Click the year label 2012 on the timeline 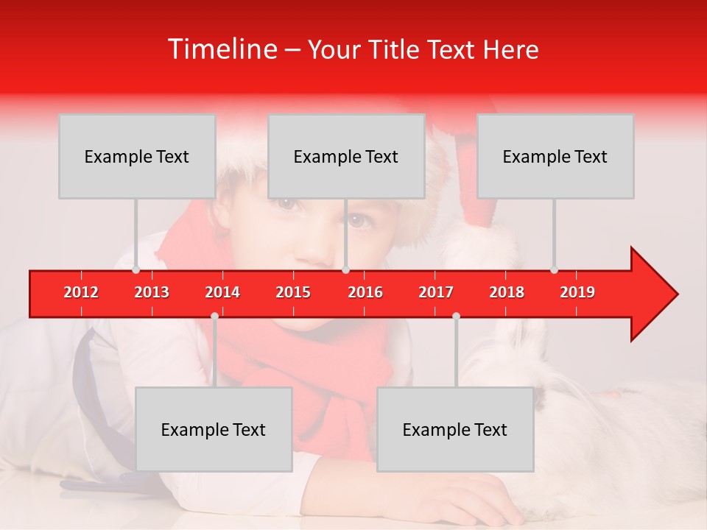pos(81,292)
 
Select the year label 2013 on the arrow pos(152,292)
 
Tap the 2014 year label pos(222,292)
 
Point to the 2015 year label pos(293,292)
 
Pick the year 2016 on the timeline pos(365,292)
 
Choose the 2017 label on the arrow pos(436,292)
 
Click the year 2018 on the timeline pos(507,292)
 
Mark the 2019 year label pos(577,292)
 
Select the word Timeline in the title pos(222,49)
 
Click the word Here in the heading pos(511,49)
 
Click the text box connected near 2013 pos(137,157)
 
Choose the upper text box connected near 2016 pos(346,157)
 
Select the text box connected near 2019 pos(555,157)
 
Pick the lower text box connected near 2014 pos(214,430)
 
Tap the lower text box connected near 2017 pos(455,430)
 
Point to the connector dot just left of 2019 pos(554,269)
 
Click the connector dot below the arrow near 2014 pos(214,316)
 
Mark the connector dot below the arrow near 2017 pos(456,316)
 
